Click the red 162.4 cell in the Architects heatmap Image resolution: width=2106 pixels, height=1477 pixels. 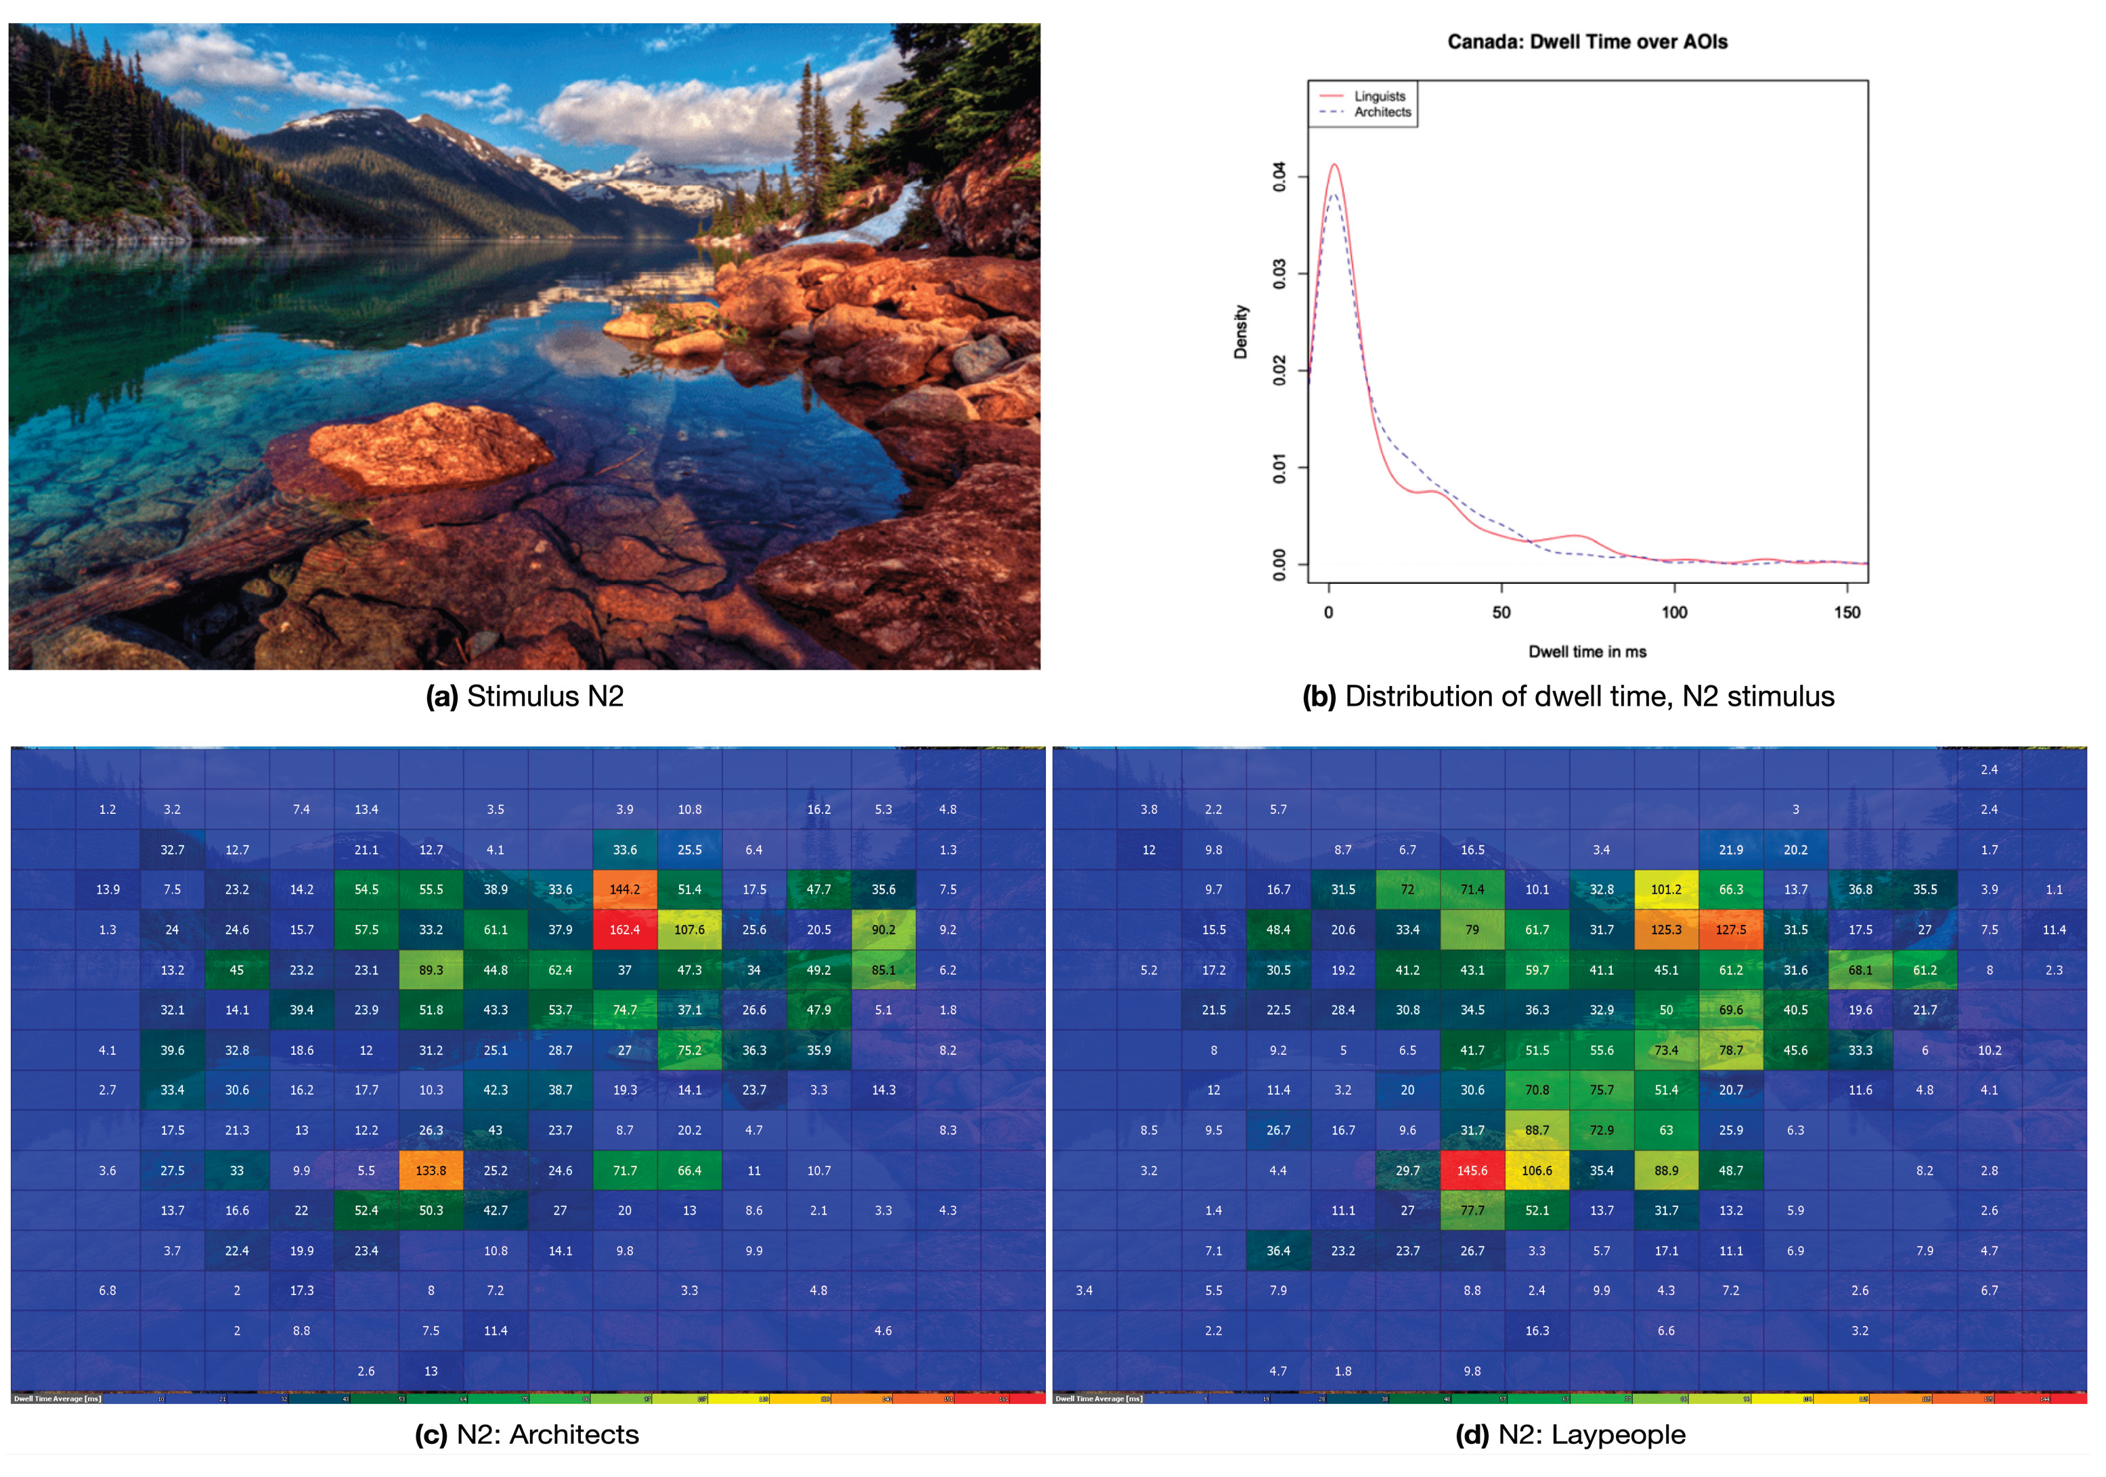[x=625, y=930]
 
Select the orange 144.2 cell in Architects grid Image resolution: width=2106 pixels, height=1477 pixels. [x=625, y=889]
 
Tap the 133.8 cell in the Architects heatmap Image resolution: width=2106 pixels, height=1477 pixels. [x=431, y=1171]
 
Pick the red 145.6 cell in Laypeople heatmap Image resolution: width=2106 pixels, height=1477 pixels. [x=1472, y=1171]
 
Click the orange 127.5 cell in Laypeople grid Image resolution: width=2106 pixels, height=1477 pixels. [x=1731, y=930]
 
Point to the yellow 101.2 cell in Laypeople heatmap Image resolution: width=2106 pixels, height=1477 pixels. [x=1666, y=889]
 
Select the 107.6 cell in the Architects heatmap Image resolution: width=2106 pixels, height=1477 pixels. [x=689, y=930]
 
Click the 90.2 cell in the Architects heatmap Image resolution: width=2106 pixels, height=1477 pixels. [x=883, y=930]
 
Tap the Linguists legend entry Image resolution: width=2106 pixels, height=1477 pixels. [x=1379, y=96]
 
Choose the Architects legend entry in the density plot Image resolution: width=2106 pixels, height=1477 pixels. [x=1382, y=112]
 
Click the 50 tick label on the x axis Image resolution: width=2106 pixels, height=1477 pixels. [x=1501, y=612]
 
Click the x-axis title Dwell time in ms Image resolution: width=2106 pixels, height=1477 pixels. [x=1587, y=652]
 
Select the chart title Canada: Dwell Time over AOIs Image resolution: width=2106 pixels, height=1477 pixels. [x=1587, y=42]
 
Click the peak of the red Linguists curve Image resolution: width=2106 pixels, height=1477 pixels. [x=1334, y=166]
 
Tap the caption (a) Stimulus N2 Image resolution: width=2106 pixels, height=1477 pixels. [x=525, y=697]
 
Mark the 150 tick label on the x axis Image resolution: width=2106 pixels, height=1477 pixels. [x=1847, y=612]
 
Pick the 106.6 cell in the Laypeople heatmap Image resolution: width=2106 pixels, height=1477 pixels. [x=1537, y=1171]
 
